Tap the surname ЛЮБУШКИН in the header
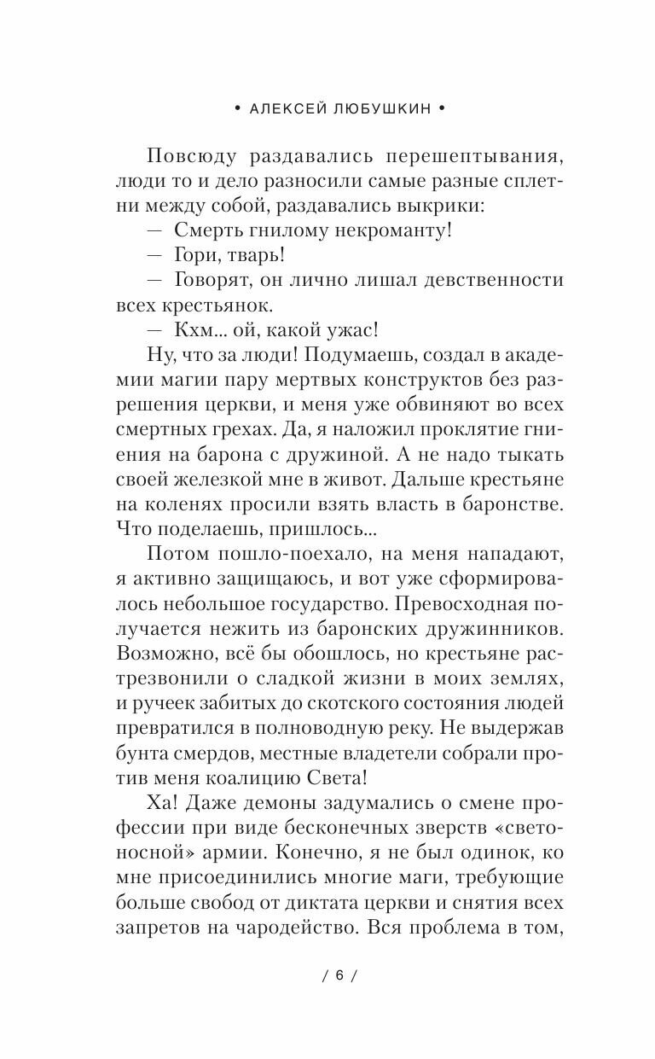tap(379, 109)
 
